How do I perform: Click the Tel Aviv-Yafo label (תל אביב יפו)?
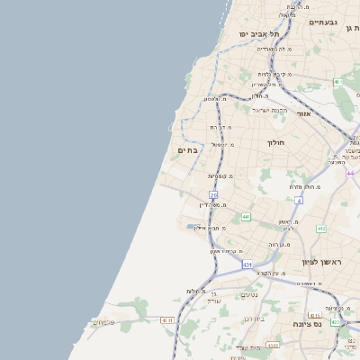point(256,33)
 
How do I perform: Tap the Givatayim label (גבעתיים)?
point(322,22)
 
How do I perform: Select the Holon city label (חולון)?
point(275,142)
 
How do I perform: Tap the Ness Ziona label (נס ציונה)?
point(308,323)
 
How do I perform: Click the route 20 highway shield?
point(213,194)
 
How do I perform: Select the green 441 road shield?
point(246,217)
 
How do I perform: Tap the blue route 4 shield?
point(298,201)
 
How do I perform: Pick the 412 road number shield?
point(320,229)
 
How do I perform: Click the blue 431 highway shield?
point(247,265)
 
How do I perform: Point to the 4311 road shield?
point(166,320)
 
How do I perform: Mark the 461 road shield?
point(338,82)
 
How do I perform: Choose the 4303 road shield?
point(273,345)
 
